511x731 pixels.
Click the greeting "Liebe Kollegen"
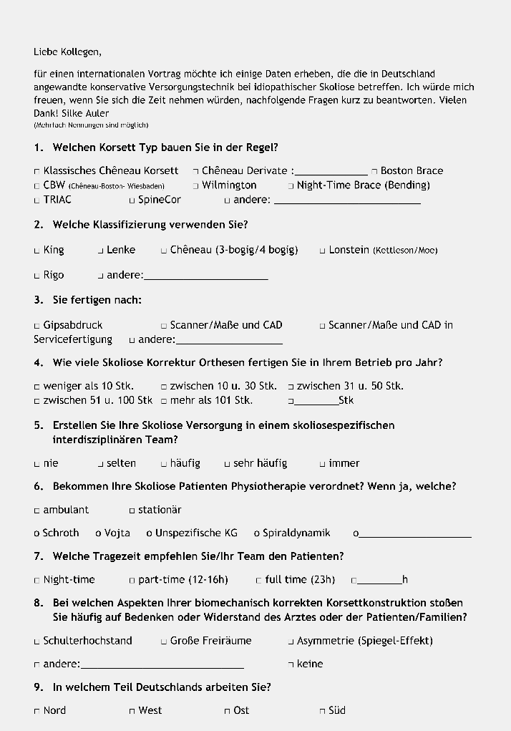point(67,52)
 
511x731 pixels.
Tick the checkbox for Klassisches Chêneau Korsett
point(37,171)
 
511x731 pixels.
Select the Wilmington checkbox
point(195,185)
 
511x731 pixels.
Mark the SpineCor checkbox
point(132,200)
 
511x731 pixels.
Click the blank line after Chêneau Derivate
point(331,172)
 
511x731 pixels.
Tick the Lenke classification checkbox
point(101,251)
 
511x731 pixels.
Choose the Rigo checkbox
point(37,276)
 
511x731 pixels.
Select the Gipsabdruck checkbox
point(37,326)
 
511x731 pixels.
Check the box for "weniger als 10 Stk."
point(37,387)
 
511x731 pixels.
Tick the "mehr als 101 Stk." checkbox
point(164,401)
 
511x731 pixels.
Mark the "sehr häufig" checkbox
point(228,464)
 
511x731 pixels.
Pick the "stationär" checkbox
point(132,510)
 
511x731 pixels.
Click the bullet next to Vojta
point(98,533)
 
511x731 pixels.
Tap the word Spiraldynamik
point(296,533)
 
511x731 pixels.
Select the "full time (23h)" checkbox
point(259,580)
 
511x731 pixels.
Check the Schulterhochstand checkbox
point(37,642)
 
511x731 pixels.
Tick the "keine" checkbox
point(291,664)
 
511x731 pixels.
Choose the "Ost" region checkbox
point(228,711)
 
